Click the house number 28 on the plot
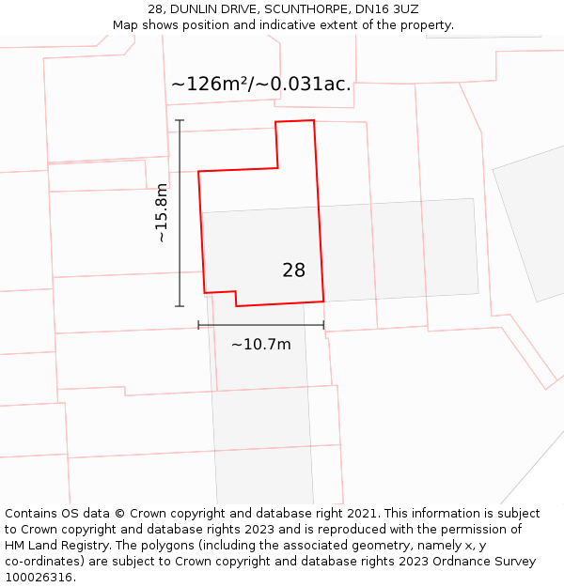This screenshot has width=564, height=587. pyautogui.click(x=293, y=270)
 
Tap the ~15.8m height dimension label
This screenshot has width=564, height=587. pyautogui.click(x=162, y=213)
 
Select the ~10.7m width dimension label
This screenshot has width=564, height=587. pyautogui.click(x=260, y=344)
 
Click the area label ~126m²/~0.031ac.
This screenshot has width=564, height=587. pyautogui.click(x=260, y=84)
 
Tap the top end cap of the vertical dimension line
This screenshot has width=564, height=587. pyautogui.click(x=180, y=120)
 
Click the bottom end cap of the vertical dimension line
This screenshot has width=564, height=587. pyautogui.click(x=180, y=305)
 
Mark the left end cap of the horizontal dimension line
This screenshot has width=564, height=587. pyautogui.click(x=198, y=325)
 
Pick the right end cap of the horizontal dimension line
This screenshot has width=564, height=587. pyautogui.click(x=323, y=325)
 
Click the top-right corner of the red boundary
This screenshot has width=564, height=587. pyautogui.click(x=313, y=120)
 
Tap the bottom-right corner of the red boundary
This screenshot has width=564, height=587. pyautogui.click(x=323, y=301)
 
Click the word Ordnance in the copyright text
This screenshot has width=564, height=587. pyautogui.click(x=444, y=562)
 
